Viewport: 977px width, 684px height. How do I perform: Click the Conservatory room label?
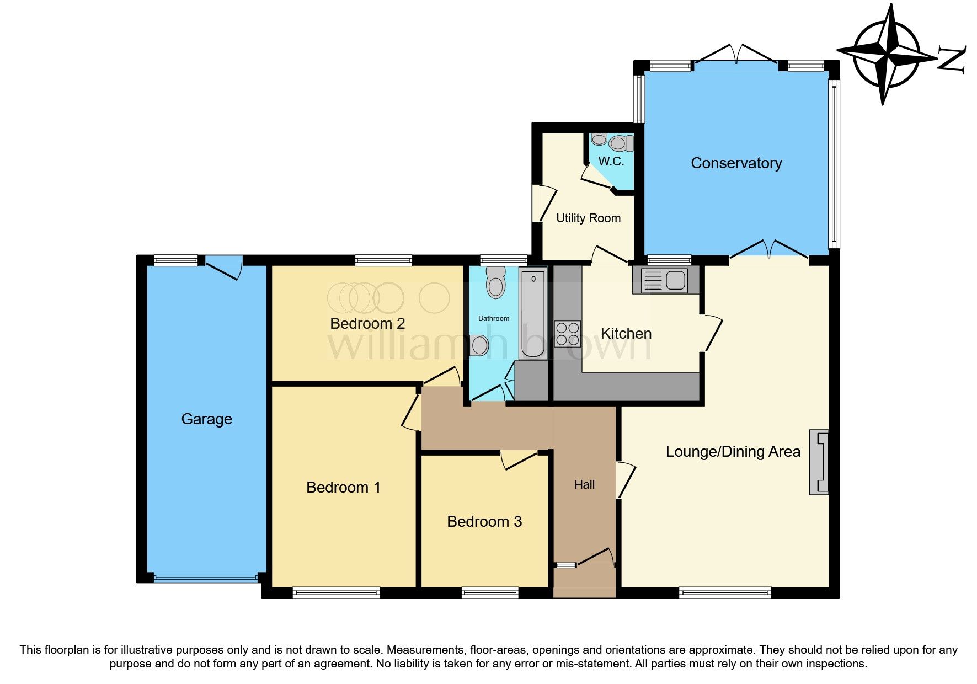[736, 163]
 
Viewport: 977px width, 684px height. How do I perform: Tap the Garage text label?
[206, 419]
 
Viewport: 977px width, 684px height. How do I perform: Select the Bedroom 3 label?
[484, 522]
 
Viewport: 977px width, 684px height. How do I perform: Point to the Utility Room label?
[588, 218]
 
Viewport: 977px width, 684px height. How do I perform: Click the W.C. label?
[611, 162]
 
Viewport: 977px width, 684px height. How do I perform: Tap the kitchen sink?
[666, 280]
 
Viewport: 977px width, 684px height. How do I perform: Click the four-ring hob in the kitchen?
[567, 334]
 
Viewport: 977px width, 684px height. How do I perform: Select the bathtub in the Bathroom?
[533, 313]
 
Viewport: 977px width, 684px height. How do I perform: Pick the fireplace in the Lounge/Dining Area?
[819, 462]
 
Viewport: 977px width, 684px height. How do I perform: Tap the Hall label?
[584, 485]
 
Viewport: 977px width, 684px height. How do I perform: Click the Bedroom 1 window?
[336, 593]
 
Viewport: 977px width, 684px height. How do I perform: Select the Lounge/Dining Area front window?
[724, 593]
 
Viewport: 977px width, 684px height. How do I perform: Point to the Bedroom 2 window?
[383, 260]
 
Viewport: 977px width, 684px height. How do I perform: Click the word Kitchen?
[626, 334]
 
